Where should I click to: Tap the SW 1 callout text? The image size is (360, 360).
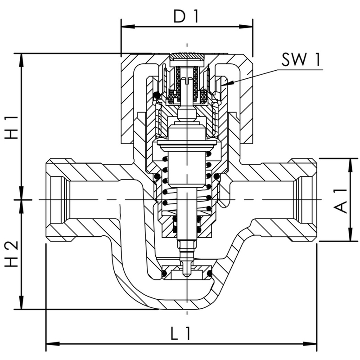[301, 59]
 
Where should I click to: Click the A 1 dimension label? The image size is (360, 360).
[341, 200]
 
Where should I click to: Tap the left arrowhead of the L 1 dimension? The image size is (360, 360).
[51, 345]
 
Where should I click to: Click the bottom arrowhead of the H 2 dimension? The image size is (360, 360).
[21, 305]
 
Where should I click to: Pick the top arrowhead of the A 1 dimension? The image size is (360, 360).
[350, 163]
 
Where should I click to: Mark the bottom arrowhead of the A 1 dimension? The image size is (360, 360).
[350, 237]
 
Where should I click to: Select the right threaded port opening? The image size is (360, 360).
[303, 199]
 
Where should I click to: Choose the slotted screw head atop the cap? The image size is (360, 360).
[186, 57]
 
